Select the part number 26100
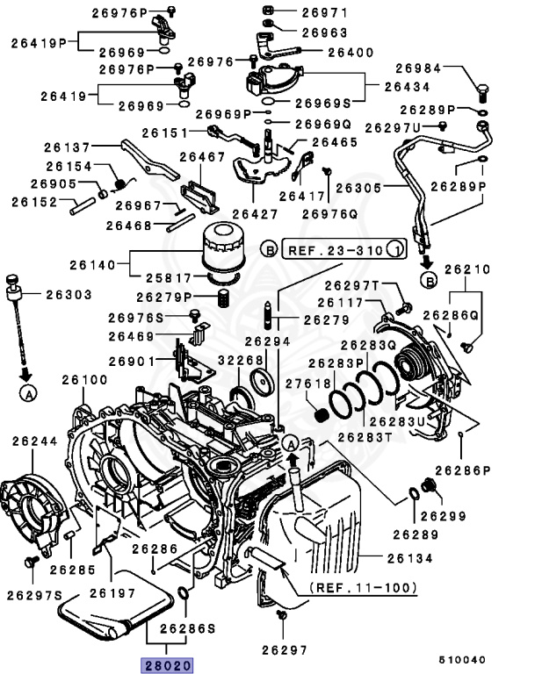pos(84,380)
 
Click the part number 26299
pos(444,516)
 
